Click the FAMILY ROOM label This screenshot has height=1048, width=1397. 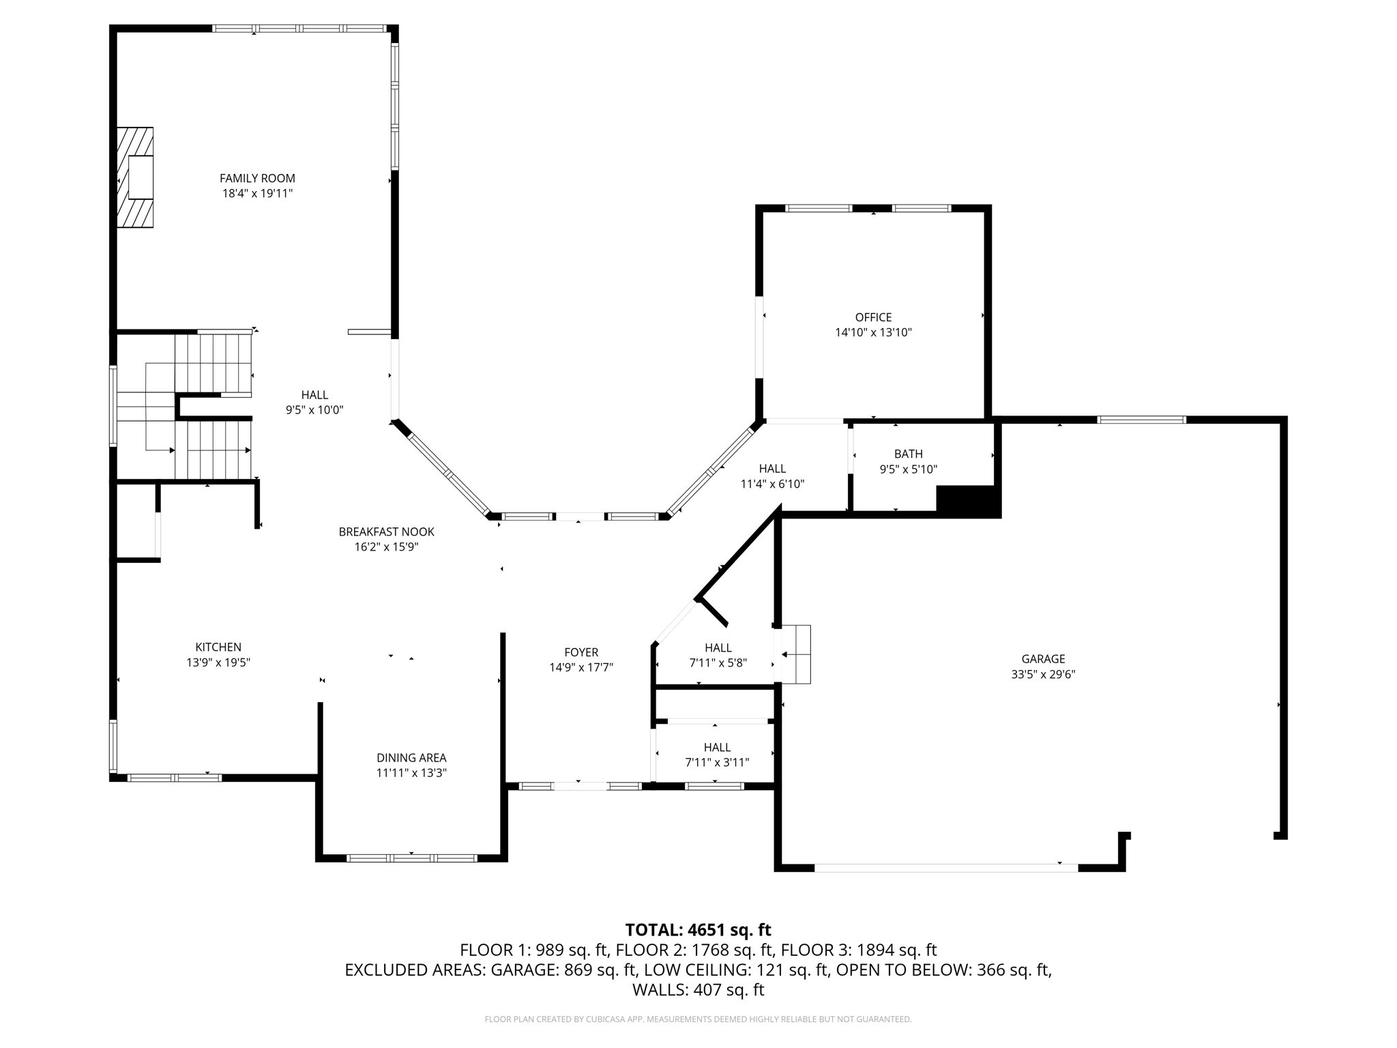(x=257, y=178)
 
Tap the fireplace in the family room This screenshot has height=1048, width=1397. (x=134, y=177)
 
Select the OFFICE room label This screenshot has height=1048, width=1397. (x=873, y=317)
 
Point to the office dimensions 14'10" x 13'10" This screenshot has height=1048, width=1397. (x=873, y=333)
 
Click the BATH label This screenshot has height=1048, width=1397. (x=909, y=454)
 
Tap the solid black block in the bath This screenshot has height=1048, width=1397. (x=968, y=501)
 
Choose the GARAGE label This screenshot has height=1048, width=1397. (x=1043, y=659)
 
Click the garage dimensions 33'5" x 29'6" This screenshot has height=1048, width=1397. (x=1043, y=675)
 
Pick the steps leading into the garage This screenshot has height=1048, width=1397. (x=795, y=654)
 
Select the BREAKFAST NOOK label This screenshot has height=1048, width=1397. (x=386, y=532)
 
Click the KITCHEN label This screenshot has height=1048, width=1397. (x=218, y=647)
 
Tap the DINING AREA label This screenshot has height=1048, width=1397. (x=411, y=757)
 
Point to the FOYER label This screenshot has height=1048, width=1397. (x=581, y=652)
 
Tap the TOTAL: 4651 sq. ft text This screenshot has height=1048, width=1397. (x=698, y=930)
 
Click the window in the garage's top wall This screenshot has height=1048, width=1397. (x=1142, y=420)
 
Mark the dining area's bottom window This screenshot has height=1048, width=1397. (x=411, y=858)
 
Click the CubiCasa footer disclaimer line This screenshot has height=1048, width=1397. (x=698, y=1019)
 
